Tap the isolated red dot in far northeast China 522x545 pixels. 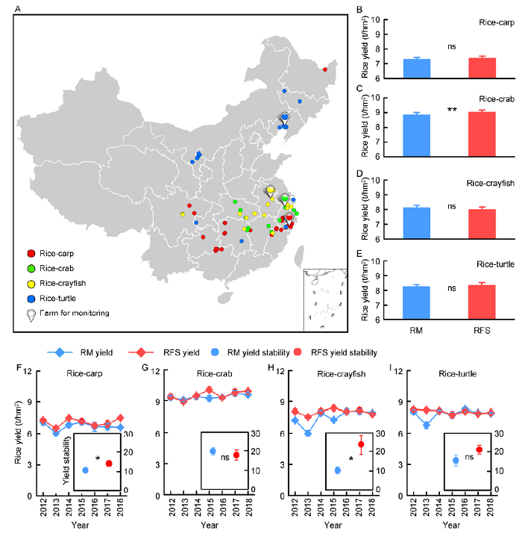pos(325,70)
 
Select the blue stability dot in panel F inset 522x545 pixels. pos(85,470)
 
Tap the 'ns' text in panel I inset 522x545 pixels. pos(470,456)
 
